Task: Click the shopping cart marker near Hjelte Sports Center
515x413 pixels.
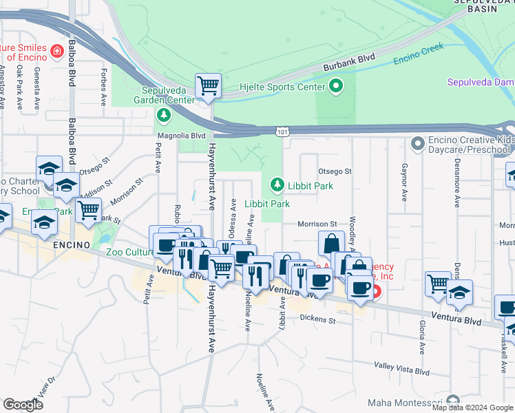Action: click(x=208, y=87)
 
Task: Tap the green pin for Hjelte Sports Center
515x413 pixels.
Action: click(x=336, y=87)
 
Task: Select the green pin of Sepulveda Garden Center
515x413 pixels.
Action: click(x=164, y=114)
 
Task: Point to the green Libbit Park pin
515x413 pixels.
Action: click(x=277, y=184)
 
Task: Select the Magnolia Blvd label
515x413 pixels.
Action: click(x=182, y=136)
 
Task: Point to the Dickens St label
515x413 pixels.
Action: click(x=317, y=319)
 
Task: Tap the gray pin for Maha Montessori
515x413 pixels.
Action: click(x=452, y=401)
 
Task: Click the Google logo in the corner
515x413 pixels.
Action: click(x=23, y=405)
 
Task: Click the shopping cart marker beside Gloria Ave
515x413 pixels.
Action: click(x=438, y=284)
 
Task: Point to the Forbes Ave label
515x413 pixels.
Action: click(x=103, y=87)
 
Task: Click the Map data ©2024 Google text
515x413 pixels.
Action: click(x=472, y=407)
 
